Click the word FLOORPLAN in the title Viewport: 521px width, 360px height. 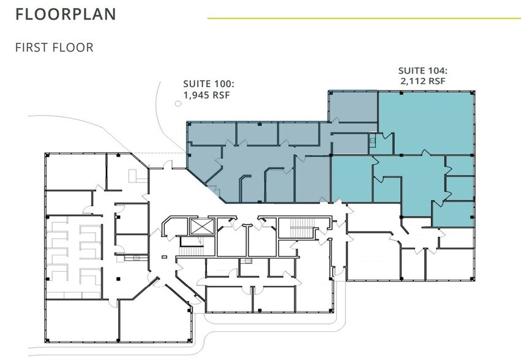(66, 15)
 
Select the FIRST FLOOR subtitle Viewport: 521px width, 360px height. (54, 47)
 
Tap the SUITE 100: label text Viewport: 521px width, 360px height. (209, 84)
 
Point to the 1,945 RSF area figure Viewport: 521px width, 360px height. (207, 95)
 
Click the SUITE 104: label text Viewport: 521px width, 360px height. (423, 70)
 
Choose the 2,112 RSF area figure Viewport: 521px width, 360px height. (423, 81)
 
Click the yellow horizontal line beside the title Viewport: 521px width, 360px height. (364, 18)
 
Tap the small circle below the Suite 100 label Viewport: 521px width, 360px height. (178, 104)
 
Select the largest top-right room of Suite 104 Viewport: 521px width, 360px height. (425, 122)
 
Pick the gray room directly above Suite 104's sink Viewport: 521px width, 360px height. (352, 107)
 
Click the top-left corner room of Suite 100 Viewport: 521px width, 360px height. (211, 133)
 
